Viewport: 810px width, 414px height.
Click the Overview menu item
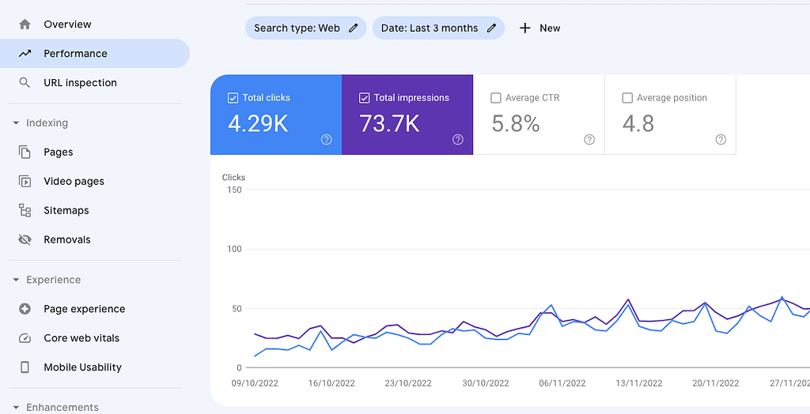coord(67,24)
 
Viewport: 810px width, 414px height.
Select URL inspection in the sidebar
coord(80,83)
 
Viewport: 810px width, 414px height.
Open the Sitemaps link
coord(66,211)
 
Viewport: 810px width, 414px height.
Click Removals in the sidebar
coord(67,240)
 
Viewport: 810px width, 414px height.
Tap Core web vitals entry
coord(81,338)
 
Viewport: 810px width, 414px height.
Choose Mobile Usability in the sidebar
coord(82,367)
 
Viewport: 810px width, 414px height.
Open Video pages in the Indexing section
coord(74,182)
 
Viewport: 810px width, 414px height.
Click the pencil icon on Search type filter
coord(353,28)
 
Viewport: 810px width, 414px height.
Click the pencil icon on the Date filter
coord(491,28)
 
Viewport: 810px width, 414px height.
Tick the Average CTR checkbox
coord(496,98)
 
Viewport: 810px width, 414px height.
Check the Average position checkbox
coord(627,98)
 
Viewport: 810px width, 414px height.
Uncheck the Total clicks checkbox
coord(233,98)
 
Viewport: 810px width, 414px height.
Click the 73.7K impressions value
coord(389,124)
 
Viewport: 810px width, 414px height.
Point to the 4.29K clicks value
coord(258,124)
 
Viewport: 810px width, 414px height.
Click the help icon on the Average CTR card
coord(589,140)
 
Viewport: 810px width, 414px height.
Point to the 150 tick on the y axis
coord(233,190)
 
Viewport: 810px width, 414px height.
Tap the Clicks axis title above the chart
coord(234,178)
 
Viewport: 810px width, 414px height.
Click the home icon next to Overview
coord(25,24)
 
